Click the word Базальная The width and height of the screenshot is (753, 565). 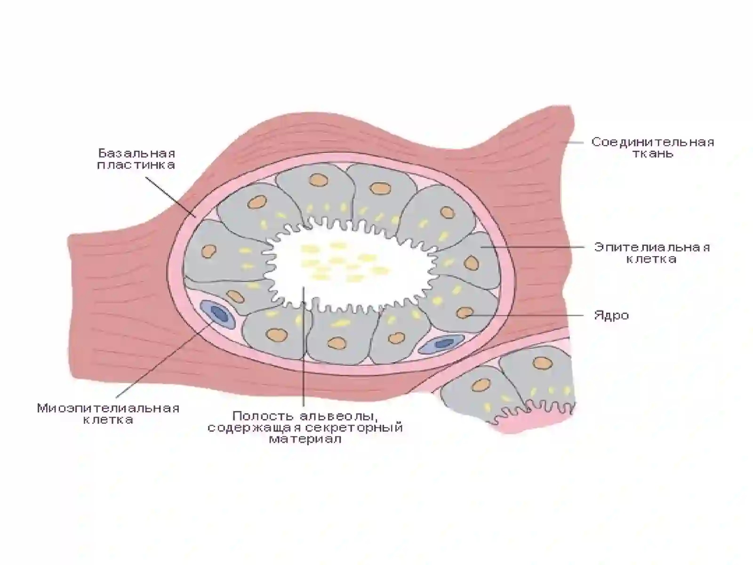point(137,153)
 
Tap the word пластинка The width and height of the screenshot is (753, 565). point(136,165)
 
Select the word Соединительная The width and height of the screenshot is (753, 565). point(653,142)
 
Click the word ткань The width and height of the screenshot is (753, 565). point(653,153)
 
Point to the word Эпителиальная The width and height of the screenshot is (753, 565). point(652,247)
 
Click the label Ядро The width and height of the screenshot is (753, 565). point(612,315)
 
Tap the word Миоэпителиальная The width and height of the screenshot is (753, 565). point(108,409)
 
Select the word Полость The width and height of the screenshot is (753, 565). point(264,416)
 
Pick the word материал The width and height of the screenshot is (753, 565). point(305,439)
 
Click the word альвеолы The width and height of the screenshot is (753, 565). point(338,417)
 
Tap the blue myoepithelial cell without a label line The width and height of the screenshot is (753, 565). point(441,343)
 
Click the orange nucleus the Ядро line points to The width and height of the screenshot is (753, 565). point(465,313)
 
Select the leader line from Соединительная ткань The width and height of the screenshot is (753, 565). point(573,142)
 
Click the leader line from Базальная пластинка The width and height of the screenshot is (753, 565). point(171,197)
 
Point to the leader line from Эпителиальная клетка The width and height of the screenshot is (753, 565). point(532,247)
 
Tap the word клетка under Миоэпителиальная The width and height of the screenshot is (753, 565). point(108,420)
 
